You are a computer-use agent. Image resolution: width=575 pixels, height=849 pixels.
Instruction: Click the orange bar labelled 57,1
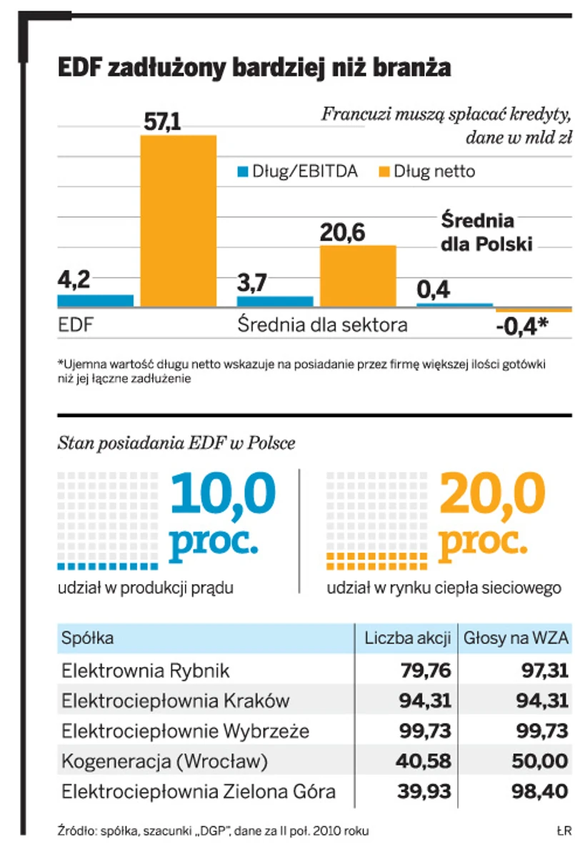pyautogui.click(x=178, y=221)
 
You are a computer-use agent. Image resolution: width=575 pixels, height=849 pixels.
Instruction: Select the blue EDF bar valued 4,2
pyautogui.click(x=95, y=301)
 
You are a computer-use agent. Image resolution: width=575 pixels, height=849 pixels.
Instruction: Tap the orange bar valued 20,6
pyautogui.click(x=357, y=276)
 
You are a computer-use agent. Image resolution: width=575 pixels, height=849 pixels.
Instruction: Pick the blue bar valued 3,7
pyautogui.click(x=274, y=301)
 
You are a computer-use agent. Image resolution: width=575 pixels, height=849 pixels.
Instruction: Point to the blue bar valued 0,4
pyautogui.click(x=454, y=305)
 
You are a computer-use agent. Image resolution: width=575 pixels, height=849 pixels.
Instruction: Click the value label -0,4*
pyautogui.click(x=521, y=326)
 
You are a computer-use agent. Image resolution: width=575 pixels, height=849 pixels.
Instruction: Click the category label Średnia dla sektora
pyautogui.click(x=321, y=326)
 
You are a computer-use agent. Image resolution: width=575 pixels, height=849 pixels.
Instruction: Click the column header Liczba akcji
pyautogui.click(x=407, y=638)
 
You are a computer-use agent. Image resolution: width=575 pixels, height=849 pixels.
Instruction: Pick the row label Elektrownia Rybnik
pyautogui.click(x=146, y=670)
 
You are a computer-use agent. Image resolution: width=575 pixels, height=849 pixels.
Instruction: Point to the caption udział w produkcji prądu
pyautogui.click(x=146, y=588)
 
